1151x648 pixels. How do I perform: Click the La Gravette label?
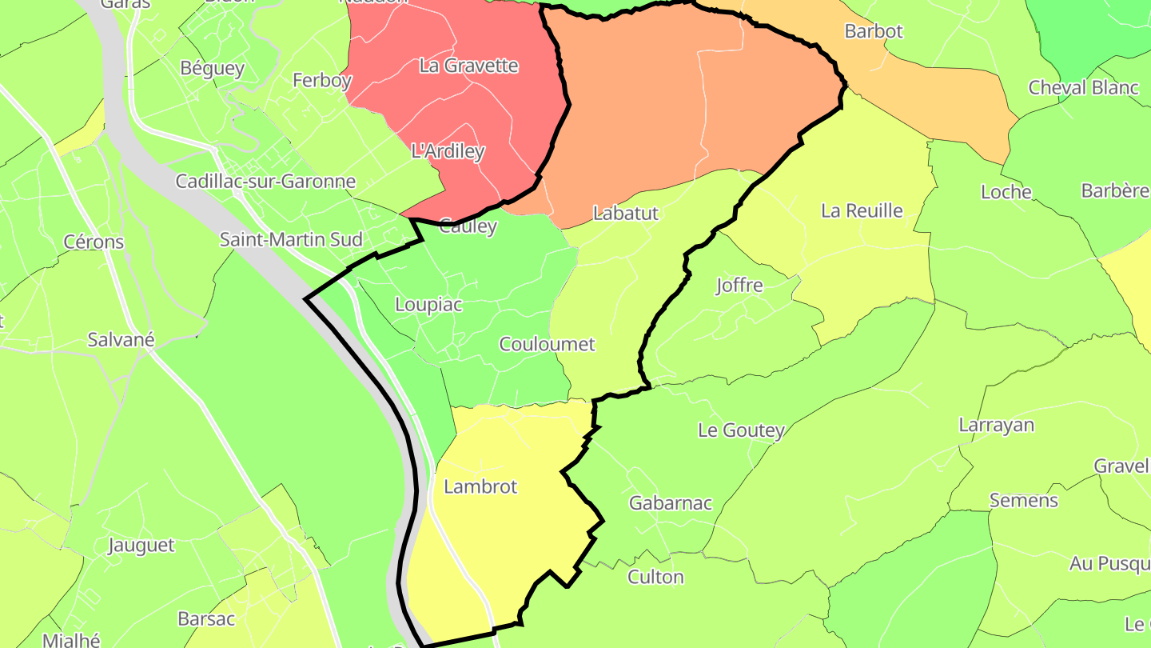coord(468,66)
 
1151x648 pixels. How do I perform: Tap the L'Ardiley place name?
coord(448,151)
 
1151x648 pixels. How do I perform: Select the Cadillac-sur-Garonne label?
coord(265,181)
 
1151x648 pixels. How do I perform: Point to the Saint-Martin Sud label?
coord(291,239)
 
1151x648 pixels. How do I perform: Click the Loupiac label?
coord(428,305)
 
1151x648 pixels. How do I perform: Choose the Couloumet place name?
coord(547,344)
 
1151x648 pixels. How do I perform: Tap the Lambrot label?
coord(480,486)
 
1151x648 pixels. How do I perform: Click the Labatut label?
coord(625,213)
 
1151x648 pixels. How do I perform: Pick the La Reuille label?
coord(862,210)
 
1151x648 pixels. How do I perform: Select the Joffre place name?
coord(739,286)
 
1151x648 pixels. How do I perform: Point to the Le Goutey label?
coord(741,430)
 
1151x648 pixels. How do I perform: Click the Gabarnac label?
coord(670,503)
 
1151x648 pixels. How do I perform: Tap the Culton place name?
coord(655,577)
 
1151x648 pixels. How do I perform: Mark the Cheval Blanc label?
coord(1083,87)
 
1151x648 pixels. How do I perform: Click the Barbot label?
coord(874,31)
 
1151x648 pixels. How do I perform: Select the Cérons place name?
coord(94,242)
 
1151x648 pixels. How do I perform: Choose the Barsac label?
coord(206,619)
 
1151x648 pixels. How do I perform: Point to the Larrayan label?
coord(996,425)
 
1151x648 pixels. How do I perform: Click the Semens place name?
coord(1023,501)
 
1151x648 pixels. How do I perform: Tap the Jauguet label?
coord(141,546)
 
